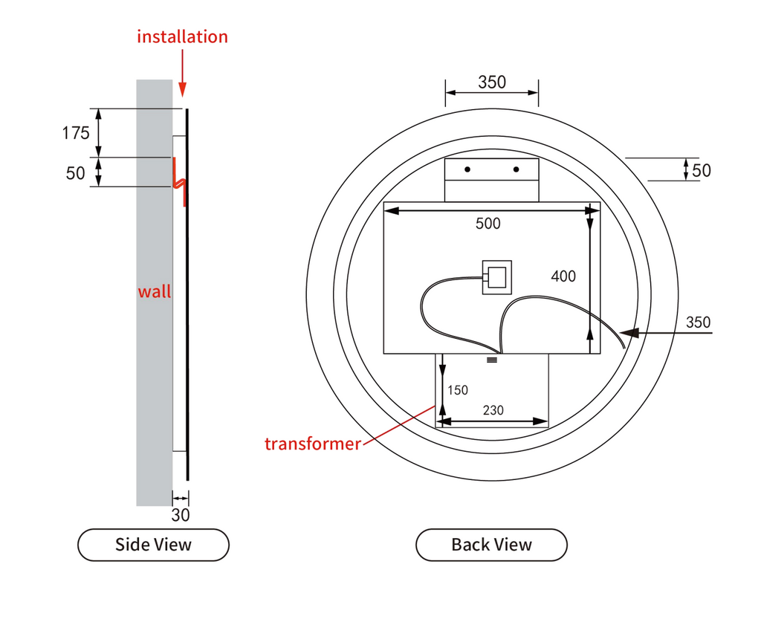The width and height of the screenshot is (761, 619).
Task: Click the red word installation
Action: pyautogui.click(x=182, y=36)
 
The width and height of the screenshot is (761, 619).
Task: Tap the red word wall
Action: pyautogui.click(x=154, y=291)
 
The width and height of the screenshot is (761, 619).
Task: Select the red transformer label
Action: pyautogui.click(x=312, y=444)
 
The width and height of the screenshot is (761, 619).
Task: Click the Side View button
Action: pyautogui.click(x=153, y=545)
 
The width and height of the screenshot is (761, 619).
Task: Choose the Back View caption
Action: pyautogui.click(x=491, y=545)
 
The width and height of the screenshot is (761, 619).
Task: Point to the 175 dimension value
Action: pyautogui.click(x=76, y=133)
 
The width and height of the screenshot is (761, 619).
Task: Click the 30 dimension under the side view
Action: pyautogui.click(x=181, y=514)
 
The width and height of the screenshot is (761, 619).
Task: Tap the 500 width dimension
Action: pyautogui.click(x=488, y=223)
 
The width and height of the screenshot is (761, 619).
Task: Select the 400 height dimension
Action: pyautogui.click(x=563, y=276)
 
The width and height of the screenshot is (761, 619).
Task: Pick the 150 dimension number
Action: pyautogui.click(x=458, y=390)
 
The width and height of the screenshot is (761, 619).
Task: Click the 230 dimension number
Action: pyautogui.click(x=493, y=409)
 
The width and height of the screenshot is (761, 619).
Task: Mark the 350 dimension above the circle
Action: pyautogui.click(x=491, y=82)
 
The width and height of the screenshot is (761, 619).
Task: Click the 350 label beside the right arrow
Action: pyautogui.click(x=698, y=323)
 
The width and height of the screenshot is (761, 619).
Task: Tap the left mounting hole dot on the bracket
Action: pyautogui.click(x=467, y=169)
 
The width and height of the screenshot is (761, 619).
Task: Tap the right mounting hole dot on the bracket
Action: pyautogui.click(x=516, y=169)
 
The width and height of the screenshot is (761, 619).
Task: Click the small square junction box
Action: pyautogui.click(x=497, y=277)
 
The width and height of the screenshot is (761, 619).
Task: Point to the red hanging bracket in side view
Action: pyautogui.click(x=179, y=181)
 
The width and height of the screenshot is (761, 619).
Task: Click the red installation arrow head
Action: pyautogui.click(x=183, y=91)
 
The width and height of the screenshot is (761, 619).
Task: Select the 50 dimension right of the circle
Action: pyautogui.click(x=701, y=170)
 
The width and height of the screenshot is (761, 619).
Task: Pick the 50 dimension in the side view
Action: pyautogui.click(x=76, y=173)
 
